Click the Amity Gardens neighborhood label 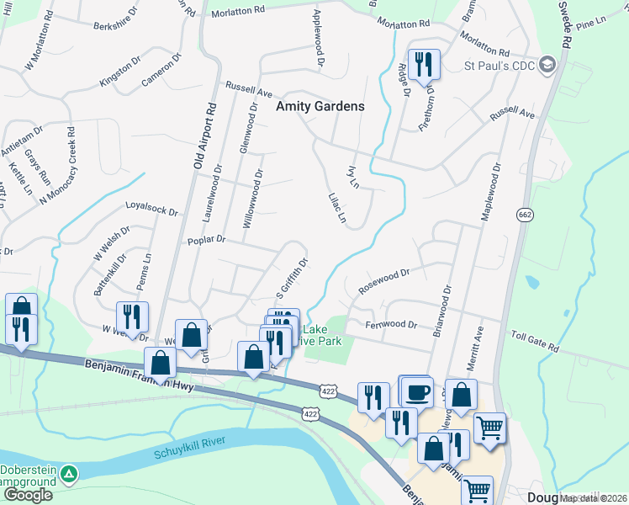click(320, 107)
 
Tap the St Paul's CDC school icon click(548, 65)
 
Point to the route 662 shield click(526, 215)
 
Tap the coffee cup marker click(418, 391)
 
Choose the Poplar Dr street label click(207, 240)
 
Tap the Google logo click(28, 495)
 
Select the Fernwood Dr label click(391, 324)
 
